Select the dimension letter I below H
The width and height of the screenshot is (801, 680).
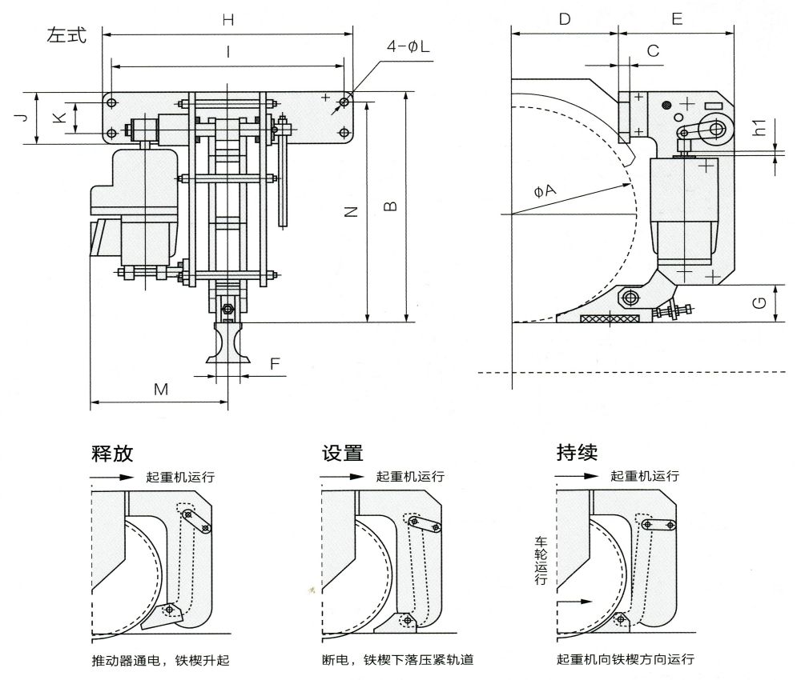[228, 52]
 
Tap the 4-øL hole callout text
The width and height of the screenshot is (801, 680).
[408, 47]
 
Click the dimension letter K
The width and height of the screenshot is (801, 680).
[56, 118]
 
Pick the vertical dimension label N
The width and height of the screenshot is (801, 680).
[350, 211]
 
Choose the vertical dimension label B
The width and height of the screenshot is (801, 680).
[389, 206]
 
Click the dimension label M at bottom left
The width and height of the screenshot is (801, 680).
[160, 390]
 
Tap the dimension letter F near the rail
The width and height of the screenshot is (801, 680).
[275, 365]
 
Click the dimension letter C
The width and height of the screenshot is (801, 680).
[653, 51]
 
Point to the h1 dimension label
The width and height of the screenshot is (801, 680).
[761, 127]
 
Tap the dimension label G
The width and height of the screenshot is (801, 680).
[761, 303]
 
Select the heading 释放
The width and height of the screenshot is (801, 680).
[112, 454]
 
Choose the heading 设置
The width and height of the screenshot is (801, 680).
[343, 454]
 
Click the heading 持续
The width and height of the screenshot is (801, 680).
[577, 454]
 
